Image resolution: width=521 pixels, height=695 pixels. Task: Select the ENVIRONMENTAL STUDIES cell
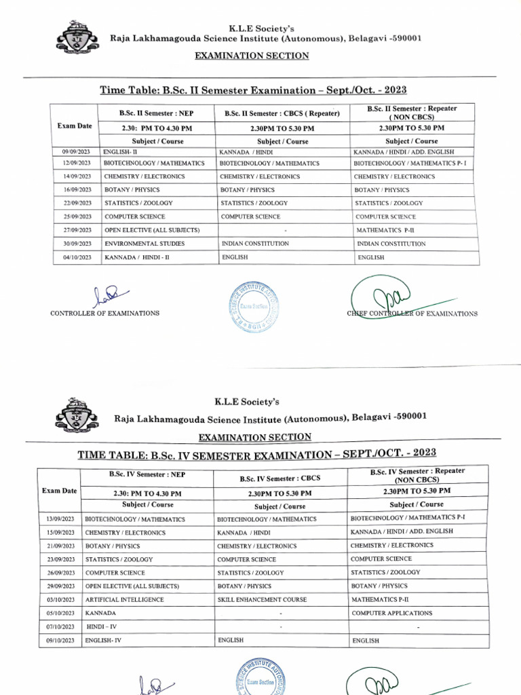tap(139, 243)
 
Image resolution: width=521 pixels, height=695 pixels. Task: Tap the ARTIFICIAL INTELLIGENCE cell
tap(124, 600)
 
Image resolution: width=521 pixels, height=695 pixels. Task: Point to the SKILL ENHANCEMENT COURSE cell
tap(262, 600)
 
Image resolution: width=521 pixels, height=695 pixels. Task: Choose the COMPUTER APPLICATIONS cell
tap(391, 613)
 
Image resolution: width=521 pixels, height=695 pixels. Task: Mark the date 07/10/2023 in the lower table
tap(58, 626)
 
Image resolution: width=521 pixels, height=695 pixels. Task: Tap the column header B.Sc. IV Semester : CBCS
tap(281, 478)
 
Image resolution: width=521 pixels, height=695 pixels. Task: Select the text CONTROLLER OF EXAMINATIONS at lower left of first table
tap(105, 314)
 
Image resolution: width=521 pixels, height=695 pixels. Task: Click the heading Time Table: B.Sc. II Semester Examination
tap(254, 90)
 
